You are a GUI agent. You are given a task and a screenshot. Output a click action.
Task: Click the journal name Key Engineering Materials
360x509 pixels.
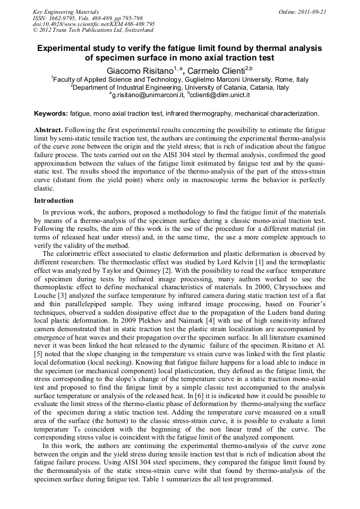click(66, 12)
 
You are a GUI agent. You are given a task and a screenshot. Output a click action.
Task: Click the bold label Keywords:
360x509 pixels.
click(51, 114)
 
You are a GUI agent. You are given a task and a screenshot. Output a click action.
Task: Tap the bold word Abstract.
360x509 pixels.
click(48, 130)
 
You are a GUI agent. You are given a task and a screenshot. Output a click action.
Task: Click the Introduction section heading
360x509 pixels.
click(54, 201)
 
